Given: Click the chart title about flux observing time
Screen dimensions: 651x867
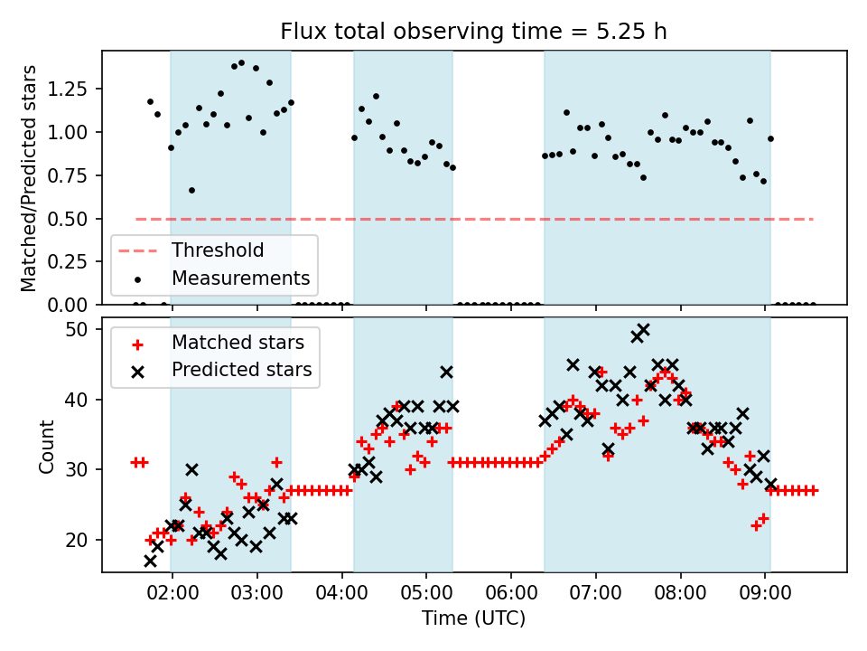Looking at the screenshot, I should pos(473,32).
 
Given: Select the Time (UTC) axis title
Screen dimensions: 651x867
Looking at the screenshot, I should pos(473,619).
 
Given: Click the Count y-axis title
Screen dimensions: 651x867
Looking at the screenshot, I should pos(47,446).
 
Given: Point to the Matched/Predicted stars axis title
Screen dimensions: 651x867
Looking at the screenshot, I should pos(29,178).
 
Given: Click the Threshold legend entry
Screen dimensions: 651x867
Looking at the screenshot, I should pos(218,250).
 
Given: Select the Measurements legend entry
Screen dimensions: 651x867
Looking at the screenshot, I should pos(240,278).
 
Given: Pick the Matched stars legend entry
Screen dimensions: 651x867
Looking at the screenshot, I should pos(238,343).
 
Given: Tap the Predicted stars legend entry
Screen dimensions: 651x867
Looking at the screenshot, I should pos(241,370).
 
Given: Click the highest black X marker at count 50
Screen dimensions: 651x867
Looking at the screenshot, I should pos(643,329).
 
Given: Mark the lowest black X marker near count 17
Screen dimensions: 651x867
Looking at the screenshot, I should pos(150,561).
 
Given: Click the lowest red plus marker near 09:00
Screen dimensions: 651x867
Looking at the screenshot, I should pos(756,525).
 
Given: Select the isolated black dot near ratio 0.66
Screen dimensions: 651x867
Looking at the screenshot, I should pos(191,190).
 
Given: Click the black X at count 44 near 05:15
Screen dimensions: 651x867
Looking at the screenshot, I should pos(446,372).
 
